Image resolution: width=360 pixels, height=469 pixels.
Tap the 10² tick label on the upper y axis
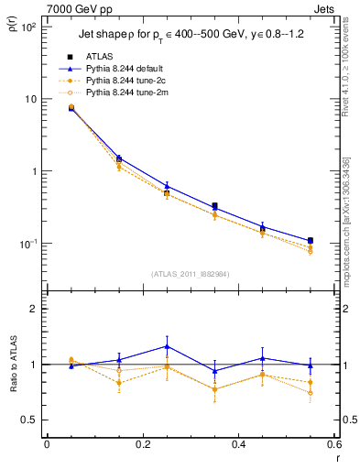(29, 27)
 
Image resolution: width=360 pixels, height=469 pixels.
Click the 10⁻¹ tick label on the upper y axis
(29, 244)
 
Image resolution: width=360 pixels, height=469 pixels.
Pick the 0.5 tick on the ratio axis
(30, 420)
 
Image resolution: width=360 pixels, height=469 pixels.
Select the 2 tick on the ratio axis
(34, 309)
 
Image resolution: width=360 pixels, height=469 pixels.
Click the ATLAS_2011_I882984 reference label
(191, 274)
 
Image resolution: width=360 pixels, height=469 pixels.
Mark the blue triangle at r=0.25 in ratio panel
(167, 346)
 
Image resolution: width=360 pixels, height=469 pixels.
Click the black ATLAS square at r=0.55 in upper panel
(310, 241)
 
